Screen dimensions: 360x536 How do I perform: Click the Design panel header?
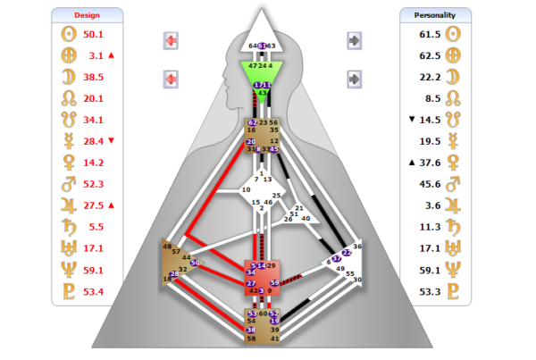[x=87, y=14]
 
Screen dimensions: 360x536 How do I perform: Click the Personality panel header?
[x=435, y=14]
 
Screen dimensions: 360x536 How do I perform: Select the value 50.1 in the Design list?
[x=94, y=34]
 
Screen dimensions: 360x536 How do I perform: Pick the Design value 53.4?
[x=94, y=291]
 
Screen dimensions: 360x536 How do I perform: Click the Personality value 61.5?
[x=430, y=34]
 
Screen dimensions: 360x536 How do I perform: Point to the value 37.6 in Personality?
[x=430, y=163]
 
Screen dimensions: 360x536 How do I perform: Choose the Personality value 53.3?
[x=430, y=291]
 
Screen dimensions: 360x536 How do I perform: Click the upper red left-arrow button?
[x=171, y=40]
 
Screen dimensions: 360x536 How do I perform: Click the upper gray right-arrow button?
[x=355, y=40]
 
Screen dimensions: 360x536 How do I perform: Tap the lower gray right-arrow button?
[x=355, y=80]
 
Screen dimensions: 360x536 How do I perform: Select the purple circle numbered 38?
[x=251, y=330]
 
